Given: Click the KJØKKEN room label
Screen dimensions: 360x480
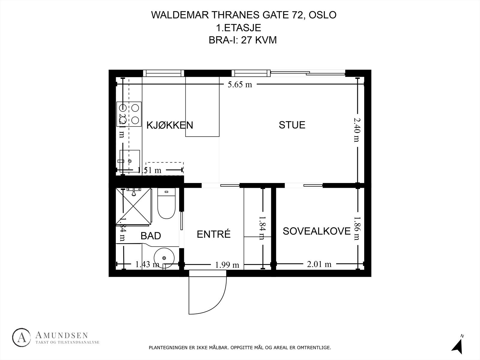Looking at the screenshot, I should tap(169, 125).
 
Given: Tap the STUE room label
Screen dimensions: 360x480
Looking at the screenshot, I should tap(292, 125).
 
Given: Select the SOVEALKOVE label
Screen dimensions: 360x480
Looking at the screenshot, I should tap(316, 231).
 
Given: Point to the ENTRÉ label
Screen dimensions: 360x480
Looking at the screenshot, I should tap(214, 234).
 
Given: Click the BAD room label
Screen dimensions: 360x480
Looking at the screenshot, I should tap(151, 236).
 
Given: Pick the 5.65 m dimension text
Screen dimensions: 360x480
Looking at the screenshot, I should tap(240, 85).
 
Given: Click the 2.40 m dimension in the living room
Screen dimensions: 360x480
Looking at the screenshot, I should tap(356, 129).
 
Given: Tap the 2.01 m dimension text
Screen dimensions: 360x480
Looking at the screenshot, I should tap(319, 264).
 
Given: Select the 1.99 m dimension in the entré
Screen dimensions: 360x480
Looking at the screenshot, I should tap(227, 265).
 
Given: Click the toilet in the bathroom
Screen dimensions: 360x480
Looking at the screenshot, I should tap(166, 204).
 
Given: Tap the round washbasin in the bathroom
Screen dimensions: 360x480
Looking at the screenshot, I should tap(164, 258).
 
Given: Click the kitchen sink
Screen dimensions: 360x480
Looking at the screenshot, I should tap(130, 161).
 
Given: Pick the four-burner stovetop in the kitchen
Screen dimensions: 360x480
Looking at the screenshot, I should tap(129, 114).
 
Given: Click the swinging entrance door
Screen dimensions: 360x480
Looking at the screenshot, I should tap(207, 291).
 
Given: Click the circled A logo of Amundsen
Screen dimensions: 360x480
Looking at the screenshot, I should tap(22, 337).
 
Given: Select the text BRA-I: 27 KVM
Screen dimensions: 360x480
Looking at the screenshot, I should tap(242, 40).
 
